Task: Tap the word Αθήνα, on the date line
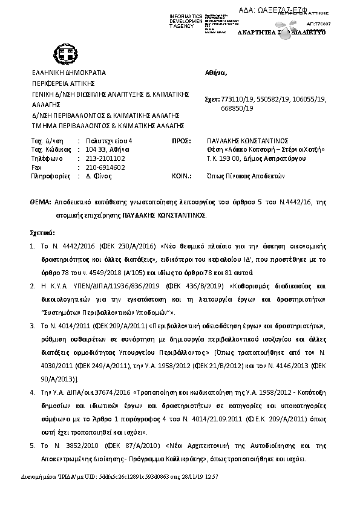pos(216,73)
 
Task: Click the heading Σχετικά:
pos(42,232)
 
